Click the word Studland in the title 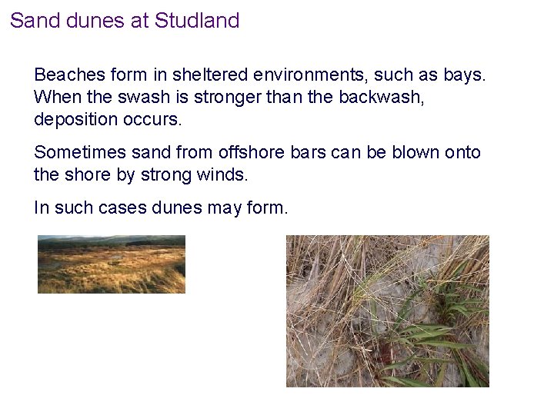[x=197, y=21]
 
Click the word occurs [x=159, y=120]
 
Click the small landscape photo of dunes [x=112, y=264]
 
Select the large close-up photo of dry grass [x=387, y=310]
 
